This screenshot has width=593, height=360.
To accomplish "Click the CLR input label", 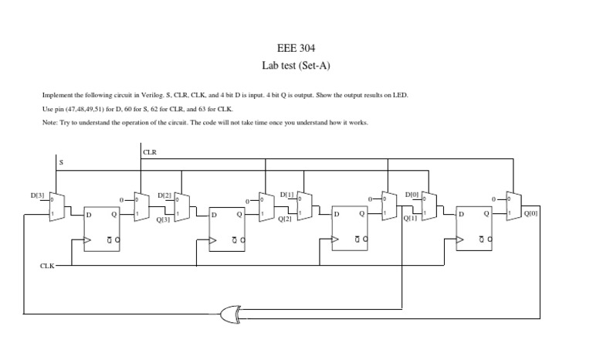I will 150,152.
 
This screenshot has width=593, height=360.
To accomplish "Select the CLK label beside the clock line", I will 48,267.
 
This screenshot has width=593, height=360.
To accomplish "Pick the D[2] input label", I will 164,196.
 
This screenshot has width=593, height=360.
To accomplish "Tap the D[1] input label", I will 286,195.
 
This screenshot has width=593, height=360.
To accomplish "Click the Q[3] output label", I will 163,220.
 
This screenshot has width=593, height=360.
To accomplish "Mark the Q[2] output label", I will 286,220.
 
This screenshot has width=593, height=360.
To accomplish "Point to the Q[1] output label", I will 410,219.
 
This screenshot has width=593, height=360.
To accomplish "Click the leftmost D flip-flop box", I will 103,228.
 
